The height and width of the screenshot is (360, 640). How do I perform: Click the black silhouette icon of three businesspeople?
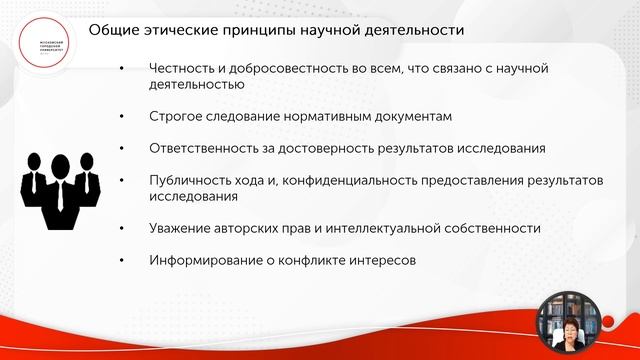pyautogui.click(x=61, y=187)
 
